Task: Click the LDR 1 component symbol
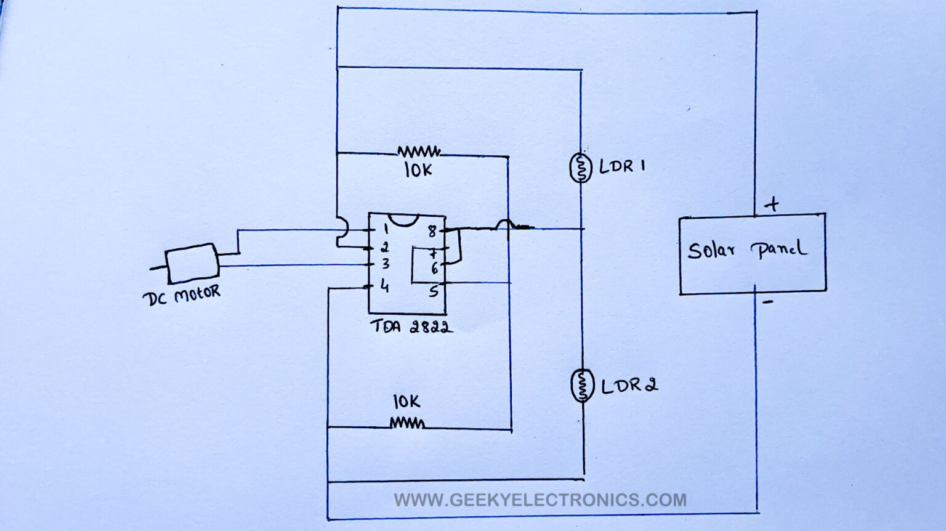(580, 168)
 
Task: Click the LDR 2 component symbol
(581, 386)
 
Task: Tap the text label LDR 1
(622, 166)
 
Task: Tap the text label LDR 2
(629, 386)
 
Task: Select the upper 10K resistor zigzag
(419, 152)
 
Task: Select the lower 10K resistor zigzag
(407, 423)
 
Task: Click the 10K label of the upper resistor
(418, 170)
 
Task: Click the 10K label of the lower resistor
(406, 402)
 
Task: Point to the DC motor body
(192, 262)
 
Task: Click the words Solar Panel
(747, 249)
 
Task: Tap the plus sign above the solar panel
(771, 204)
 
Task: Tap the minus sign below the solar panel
(767, 302)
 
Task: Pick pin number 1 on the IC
(386, 230)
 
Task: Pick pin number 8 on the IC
(432, 232)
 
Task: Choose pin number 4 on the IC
(385, 286)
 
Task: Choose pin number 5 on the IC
(434, 291)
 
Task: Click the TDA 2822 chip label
(411, 326)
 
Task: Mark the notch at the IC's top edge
(404, 219)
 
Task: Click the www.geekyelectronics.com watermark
(540, 500)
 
